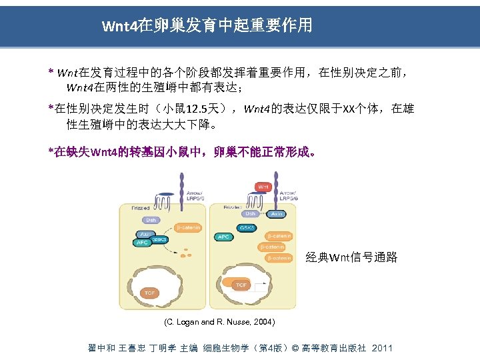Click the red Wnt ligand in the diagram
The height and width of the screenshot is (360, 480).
point(263,187)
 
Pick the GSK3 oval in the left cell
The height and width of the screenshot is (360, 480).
point(160,239)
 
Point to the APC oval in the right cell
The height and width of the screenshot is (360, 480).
point(223,236)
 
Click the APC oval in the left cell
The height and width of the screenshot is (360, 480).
point(143,243)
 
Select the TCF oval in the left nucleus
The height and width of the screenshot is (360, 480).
point(150,293)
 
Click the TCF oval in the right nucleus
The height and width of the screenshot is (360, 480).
point(241,285)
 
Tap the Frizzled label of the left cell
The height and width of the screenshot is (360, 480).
point(141,208)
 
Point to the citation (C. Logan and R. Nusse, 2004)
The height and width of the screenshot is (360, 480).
point(219,322)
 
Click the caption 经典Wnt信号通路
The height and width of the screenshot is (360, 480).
point(351,257)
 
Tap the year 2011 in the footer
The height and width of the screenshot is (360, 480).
point(382,348)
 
